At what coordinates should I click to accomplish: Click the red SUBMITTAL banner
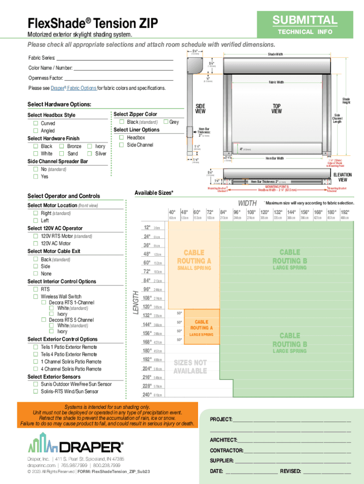(x=304, y=20)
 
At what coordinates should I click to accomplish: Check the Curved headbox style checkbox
(x=35, y=123)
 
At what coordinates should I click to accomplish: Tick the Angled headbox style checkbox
(x=35, y=130)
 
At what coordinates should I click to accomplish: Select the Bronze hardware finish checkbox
(x=62, y=146)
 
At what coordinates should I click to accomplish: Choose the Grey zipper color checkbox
(x=165, y=122)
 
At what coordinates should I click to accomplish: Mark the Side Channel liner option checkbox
(x=121, y=145)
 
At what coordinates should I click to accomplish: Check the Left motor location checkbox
(x=35, y=221)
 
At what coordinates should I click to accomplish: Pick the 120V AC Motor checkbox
(x=35, y=243)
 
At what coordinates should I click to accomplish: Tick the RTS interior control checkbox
(x=35, y=289)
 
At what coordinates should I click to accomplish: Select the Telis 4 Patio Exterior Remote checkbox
(x=35, y=354)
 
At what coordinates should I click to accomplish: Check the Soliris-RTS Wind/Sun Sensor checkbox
(x=35, y=391)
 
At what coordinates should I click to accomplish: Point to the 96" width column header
(x=237, y=212)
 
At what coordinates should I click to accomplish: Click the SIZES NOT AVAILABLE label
(x=190, y=367)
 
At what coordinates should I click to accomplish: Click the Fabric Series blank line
(x=119, y=58)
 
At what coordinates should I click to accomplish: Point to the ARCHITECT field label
(x=224, y=440)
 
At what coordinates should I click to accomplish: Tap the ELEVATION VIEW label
(x=342, y=177)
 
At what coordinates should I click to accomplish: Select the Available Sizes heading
(x=154, y=192)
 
